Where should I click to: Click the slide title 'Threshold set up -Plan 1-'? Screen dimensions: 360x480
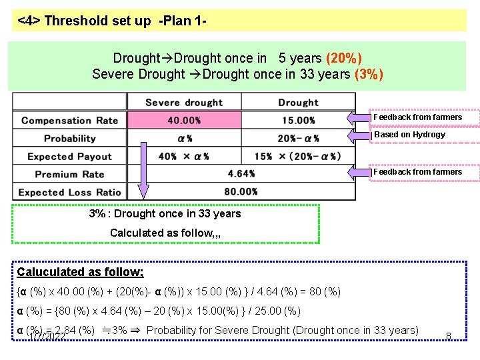(111, 21)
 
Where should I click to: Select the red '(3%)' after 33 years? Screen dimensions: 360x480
(369, 74)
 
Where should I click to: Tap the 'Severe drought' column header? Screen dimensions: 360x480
(183, 103)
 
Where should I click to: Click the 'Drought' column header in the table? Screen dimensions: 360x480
(298, 103)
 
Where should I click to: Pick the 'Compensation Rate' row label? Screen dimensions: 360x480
(69, 121)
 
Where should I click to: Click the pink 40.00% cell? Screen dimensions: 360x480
(183, 121)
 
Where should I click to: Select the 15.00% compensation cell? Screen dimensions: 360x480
(298, 121)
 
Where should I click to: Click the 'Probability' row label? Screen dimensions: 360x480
(69, 139)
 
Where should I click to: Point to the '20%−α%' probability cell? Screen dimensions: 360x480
(298, 139)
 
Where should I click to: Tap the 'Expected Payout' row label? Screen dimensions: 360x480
(69, 157)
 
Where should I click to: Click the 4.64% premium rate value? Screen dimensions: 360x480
(241, 174)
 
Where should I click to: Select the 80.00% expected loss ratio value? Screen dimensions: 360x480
(241, 192)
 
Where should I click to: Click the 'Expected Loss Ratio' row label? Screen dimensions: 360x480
(69, 192)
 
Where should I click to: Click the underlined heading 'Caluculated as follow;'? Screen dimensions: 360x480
(80, 272)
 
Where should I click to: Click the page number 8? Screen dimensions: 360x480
(449, 335)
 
